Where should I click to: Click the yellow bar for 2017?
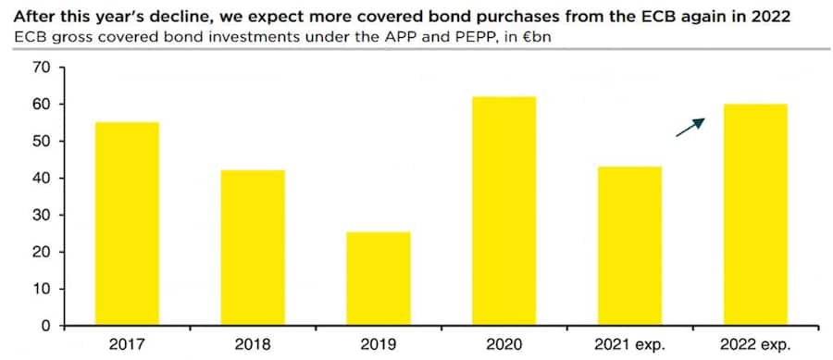[x=127, y=224]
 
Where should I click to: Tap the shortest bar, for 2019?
[x=379, y=279]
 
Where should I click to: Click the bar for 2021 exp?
[x=629, y=246]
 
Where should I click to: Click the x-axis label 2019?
[x=379, y=344]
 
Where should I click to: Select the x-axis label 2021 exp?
[x=629, y=344]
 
